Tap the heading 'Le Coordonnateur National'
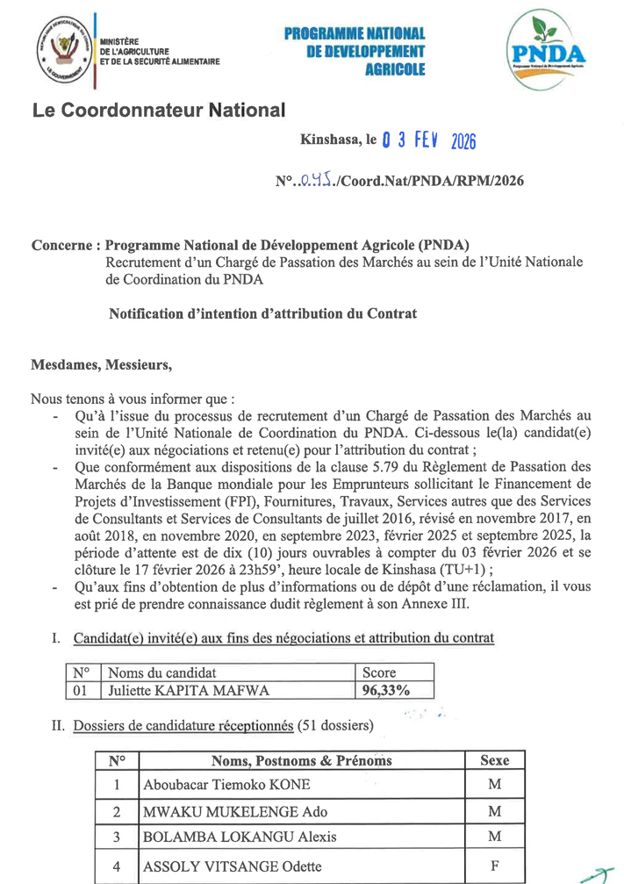[159, 111]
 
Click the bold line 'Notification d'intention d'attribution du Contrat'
[262, 313]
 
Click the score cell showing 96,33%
[385, 691]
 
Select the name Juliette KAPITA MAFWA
[188, 691]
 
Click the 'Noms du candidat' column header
[162, 672]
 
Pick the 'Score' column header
[379, 672]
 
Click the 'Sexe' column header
[494, 760]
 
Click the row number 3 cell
[116, 837]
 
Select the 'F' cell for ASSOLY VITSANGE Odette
[494, 866]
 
